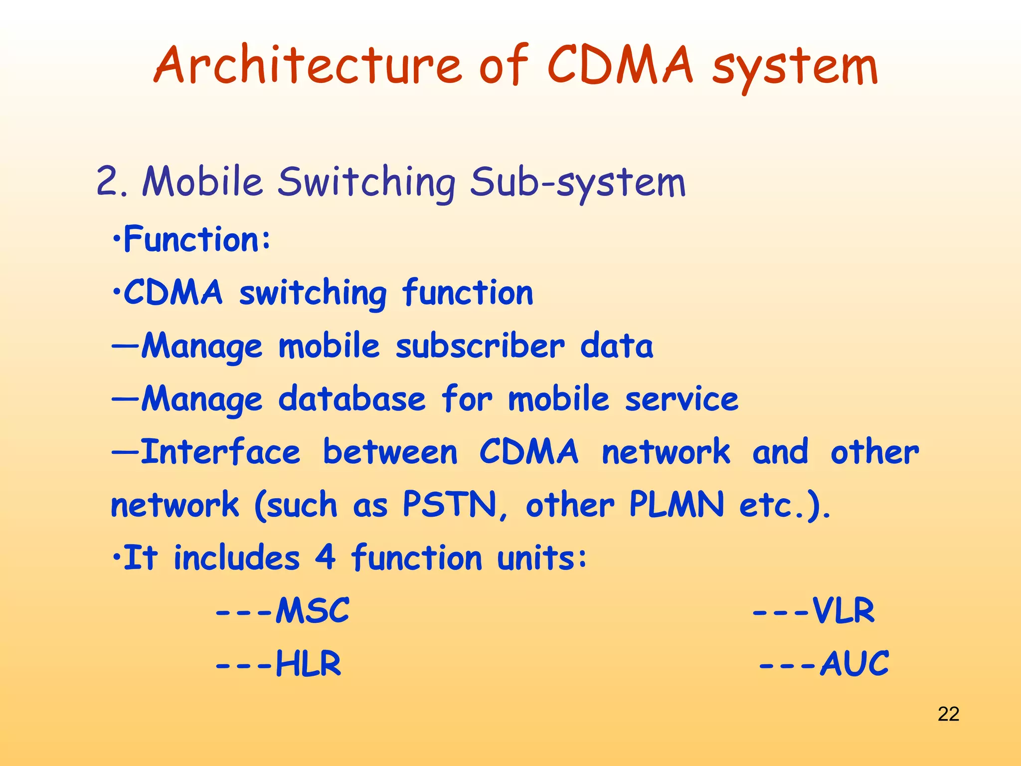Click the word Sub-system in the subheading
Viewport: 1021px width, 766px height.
[x=577, y=183]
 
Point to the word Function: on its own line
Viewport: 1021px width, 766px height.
[x=196, y=239]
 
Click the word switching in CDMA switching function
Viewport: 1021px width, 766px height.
[x=313, y=293]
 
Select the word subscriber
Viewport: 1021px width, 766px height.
[x=480, y=346]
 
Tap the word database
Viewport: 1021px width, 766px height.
[x=352, y=399]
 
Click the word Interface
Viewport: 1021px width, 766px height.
[x=221, y=452]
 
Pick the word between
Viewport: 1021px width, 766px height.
[x=390, y=452]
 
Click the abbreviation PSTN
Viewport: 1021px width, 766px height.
[x=450, y=505]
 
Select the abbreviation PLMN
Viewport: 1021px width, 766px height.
[x=676, y=505]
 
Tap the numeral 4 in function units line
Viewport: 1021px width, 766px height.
[x=325, y=558]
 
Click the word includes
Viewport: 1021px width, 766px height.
[x=236, y=558]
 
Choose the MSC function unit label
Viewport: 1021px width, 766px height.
[x=312, y=610]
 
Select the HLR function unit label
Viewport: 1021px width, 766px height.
[x=308, y=664]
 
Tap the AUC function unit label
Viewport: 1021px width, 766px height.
[x=853, y=664]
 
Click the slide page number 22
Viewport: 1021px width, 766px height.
[x=948, y=714]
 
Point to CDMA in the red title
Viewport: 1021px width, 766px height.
[x=620, y=66]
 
